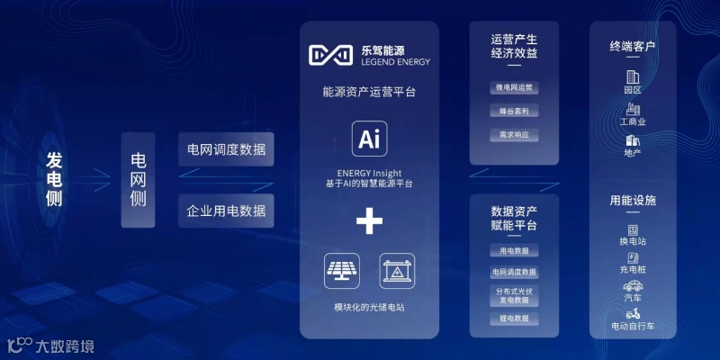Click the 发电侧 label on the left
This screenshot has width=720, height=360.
[x=54, y=180]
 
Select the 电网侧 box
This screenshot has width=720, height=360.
[x=139, y=179]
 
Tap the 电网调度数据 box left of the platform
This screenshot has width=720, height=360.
[x=226, y=149]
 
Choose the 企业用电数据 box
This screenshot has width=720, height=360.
[x=226, y=211]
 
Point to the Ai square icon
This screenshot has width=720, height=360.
[x=369, y=139]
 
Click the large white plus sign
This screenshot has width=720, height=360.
[x=369, y=220]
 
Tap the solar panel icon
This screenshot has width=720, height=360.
[x=341, y=270]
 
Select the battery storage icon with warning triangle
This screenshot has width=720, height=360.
[x=397, y=270]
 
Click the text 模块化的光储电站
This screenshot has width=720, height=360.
[x=369, y=308]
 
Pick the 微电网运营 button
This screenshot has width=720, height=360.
[x=514, y=88]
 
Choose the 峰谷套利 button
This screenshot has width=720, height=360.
[x=514, y=112]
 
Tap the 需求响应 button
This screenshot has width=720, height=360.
[x=514, y=135]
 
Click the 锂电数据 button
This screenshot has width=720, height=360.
[x=514, y=319]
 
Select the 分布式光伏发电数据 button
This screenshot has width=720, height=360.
[x=514, y=295]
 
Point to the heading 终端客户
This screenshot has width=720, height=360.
[x=633, y=46]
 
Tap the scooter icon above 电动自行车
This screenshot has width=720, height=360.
[x=633, y=313]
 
